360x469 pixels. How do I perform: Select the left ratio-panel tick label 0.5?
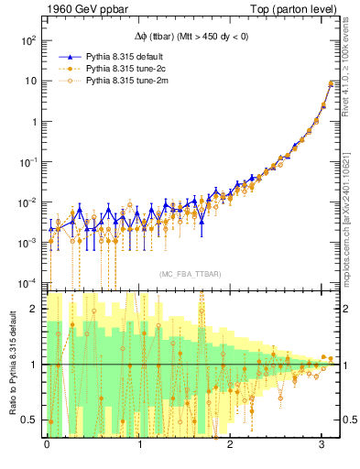click(30, 420)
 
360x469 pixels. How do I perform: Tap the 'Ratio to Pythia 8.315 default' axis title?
click(11, 364)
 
